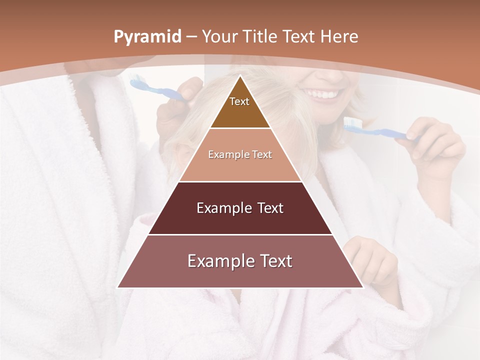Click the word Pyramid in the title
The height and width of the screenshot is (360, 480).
coord(147,37)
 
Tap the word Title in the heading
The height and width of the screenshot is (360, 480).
coord(259,37)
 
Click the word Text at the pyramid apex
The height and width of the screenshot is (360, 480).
coord(239,101)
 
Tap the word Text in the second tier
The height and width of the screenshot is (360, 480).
coord(262,155)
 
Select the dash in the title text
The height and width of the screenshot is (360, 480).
coord(191,37)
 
